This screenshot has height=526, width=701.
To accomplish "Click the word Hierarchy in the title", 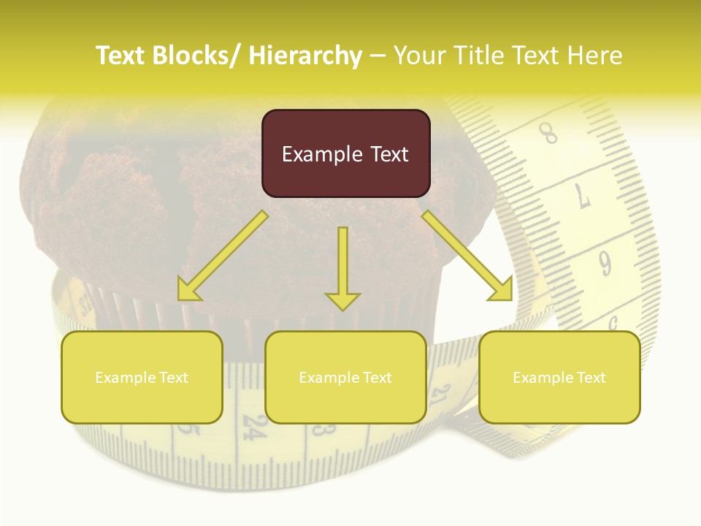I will click(305, 56).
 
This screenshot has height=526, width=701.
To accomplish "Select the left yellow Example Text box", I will click(142, 378).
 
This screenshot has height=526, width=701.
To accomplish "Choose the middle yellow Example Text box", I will click(345, 378).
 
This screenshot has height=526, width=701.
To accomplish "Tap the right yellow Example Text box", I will click(559, 378).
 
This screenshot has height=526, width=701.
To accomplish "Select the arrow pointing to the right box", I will click(467, 256).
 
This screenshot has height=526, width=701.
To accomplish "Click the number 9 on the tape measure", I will click(605, 264).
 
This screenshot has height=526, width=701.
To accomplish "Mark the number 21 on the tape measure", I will click(440, 397).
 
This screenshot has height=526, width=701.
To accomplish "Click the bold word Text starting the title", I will click(120, 56).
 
